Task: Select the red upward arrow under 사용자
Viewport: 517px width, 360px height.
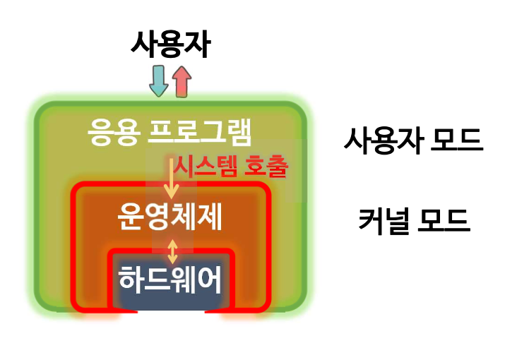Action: click(x=181, y=81)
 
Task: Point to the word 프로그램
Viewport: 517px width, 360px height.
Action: click(x=202, y=132)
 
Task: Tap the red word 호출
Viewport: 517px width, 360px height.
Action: click(x=266, y=168)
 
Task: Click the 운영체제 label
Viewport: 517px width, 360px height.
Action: click(x=170, y=218)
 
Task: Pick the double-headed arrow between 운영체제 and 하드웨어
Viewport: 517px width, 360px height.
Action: click(x=170, y=251)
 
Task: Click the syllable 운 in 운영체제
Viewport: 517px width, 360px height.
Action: click(x=131, y=218)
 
